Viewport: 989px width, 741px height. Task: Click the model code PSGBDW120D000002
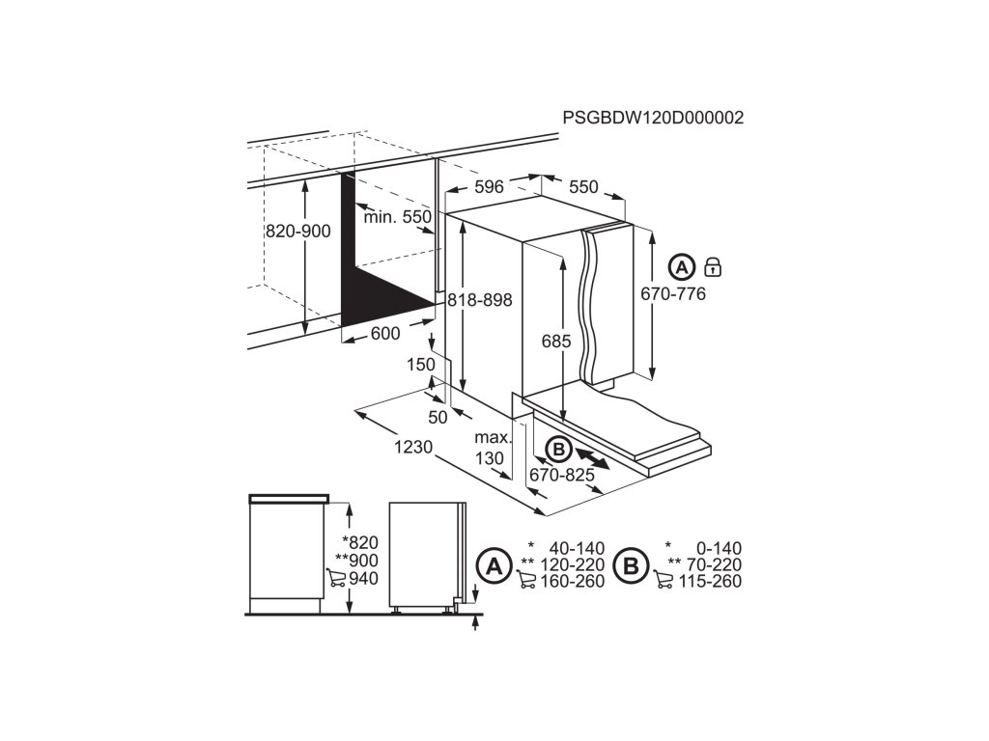653,118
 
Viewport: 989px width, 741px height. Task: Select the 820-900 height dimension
298,231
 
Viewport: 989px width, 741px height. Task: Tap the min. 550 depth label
397,217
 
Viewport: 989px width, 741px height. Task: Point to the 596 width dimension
490,187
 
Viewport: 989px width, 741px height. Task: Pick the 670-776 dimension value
673,293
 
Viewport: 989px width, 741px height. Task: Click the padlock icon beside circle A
714,266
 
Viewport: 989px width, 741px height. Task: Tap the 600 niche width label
385,333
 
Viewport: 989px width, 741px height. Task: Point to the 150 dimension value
421,365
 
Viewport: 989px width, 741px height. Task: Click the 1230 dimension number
412,448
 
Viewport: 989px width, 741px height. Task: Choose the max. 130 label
491,449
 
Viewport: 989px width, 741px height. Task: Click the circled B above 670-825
556,449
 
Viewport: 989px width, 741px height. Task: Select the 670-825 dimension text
561,475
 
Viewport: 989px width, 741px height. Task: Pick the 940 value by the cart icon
364,579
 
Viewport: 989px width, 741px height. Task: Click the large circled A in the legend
494,566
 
